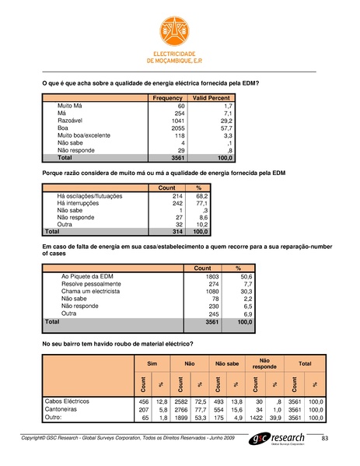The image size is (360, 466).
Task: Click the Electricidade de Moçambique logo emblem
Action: (180, 31)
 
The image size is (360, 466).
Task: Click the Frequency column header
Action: (167, 98)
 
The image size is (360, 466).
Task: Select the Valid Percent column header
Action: (209, 98)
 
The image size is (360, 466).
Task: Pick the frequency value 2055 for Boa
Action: (176, 128)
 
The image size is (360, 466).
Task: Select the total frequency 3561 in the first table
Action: (176, 158)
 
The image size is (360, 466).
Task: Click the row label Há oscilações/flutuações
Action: (89, 197)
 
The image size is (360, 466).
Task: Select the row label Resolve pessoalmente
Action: (90, 284)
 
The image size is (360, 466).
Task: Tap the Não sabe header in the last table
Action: (227, 363)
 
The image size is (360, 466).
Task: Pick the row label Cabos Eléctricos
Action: (68, 401)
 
